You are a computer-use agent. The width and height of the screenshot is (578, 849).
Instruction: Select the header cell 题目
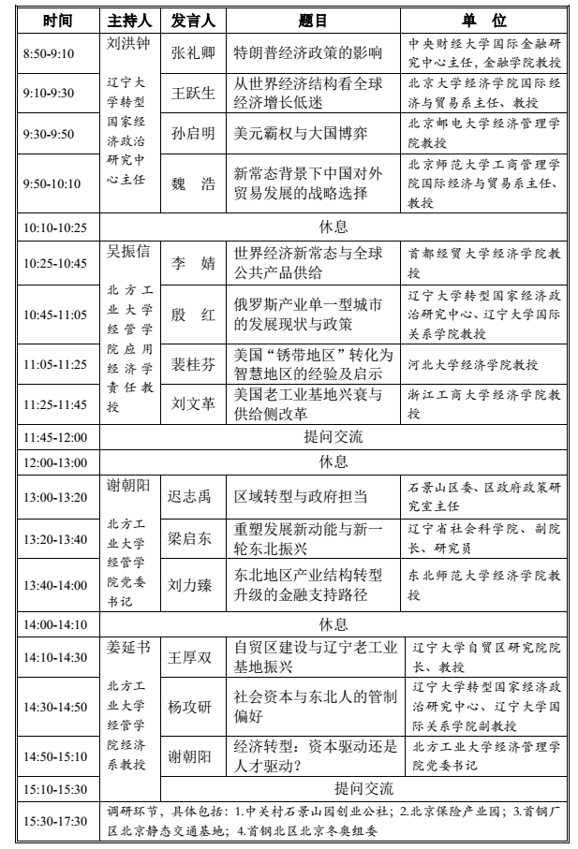[309, 21]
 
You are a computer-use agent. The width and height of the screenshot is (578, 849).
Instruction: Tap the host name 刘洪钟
[130, 44]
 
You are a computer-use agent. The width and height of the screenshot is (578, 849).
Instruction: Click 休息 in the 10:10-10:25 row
[333, 227]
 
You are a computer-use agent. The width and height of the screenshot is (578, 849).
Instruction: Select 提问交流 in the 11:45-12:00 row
[333, 436]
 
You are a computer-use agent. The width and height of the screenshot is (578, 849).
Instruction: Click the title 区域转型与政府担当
[300, 497]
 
